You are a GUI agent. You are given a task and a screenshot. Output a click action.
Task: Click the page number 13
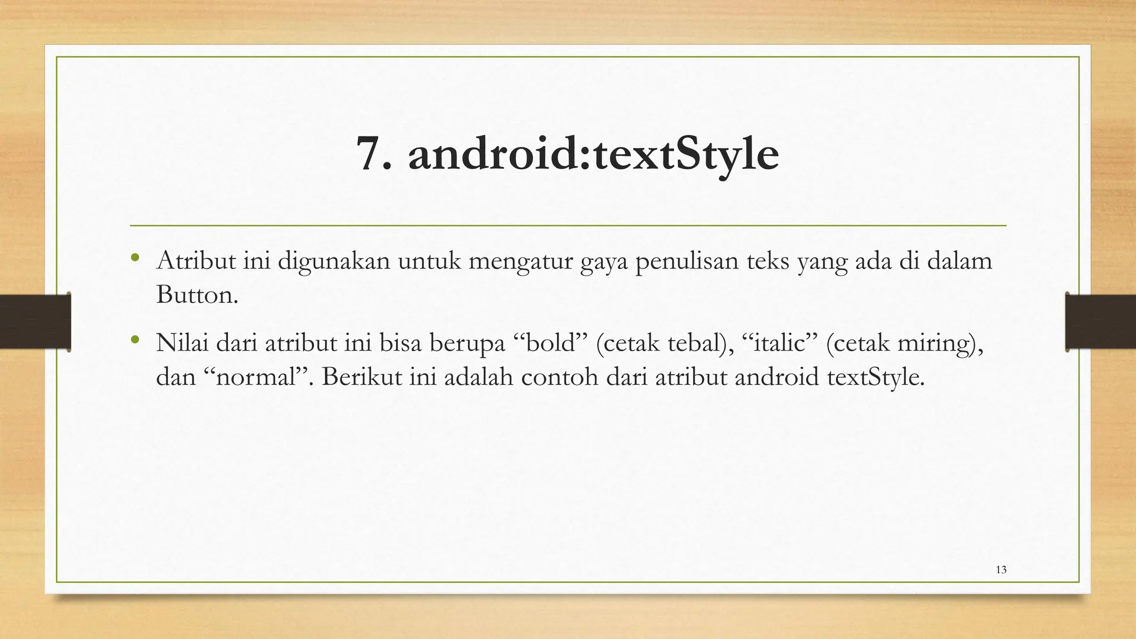[1001, 570]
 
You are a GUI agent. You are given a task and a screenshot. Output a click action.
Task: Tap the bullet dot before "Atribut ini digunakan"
[134, 258]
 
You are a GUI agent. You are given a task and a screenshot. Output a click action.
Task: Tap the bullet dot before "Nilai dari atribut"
[134, 339]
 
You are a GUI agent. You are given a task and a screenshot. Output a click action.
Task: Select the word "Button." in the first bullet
[197, 294]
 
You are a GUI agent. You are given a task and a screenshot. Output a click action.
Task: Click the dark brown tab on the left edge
[35, 322]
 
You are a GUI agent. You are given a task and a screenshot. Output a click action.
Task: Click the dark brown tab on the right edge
[1100, 322]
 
